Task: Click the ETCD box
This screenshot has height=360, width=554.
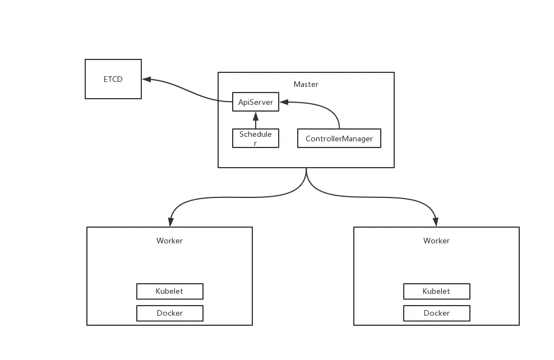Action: click(x=113, y=79)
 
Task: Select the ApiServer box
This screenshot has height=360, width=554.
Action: click(x=255, y=102)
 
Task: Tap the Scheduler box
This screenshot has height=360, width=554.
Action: click(x=255, y=138)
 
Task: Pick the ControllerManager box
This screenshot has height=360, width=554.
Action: click(x=339, y=139)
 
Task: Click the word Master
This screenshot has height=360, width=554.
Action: click(x=306, y=84)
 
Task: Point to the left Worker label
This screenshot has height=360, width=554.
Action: click(x=169, y=241)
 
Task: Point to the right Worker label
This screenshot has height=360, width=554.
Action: click(x=436, y=241)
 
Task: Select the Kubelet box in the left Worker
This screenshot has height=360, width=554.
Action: click(x=169, y=292)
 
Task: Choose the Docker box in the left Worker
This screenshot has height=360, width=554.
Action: click(x=169, y=313)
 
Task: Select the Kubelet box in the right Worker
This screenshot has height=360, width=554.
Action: click(x=436, y=292)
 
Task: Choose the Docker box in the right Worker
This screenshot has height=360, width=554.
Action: click(x=436, y=313)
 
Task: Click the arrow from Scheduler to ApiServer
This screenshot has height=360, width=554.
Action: click(x=255, y=122)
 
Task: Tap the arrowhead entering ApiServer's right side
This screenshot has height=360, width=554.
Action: click(x=284, y=102)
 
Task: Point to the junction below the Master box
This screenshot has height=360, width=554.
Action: click(x=306, y=181)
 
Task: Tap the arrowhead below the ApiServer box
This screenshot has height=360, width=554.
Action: click(x=255, y=116)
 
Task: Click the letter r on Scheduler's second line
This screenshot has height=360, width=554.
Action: click(x=255, y=144)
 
